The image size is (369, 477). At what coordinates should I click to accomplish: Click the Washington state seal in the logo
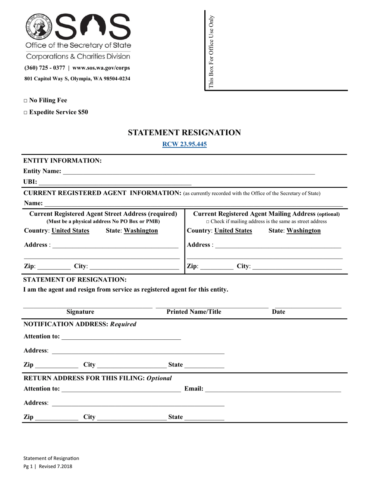(x=39, y=26)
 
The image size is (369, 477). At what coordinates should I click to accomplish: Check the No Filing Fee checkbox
(x=25, y=101)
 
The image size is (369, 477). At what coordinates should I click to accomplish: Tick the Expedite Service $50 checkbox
(x=25, y=112)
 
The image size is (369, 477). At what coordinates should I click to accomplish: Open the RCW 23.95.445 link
(x=184, y=144)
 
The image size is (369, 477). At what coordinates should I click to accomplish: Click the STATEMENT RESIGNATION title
(x=184, y=133)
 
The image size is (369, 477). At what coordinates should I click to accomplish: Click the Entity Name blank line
(x=188, y=172)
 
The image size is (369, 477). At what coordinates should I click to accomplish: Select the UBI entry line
(x=115, y=182)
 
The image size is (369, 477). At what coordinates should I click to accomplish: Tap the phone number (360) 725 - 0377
(x=44, y=68)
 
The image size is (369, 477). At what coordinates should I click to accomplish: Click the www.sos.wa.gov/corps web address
(x=101, y=68)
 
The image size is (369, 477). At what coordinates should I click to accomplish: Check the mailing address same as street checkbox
(x=208, y=222)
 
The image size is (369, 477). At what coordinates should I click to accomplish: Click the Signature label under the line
(x=80, y=312)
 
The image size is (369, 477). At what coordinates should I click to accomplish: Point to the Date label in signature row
(x=278, y=312)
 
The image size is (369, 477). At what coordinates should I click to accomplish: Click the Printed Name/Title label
(x=194, y=312)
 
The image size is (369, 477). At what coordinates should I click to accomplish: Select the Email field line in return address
(x=273, y=389)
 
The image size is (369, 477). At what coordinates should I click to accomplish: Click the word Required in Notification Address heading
(x=124, y=324)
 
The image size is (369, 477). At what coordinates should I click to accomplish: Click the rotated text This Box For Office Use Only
(x=211, y=51)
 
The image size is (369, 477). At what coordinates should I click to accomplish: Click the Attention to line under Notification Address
(x=121, y=337)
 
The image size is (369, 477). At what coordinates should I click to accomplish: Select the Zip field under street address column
(x=54, y=267)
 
